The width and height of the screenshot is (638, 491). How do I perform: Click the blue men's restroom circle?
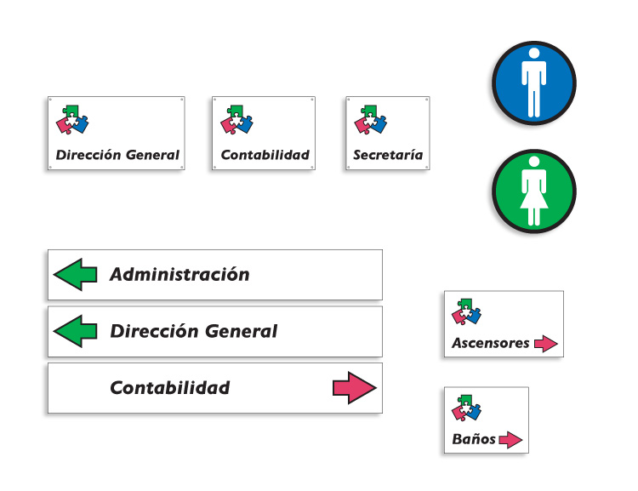pos(534,83)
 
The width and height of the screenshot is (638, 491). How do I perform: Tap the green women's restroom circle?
pos(534,191)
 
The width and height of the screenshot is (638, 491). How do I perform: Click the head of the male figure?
pos(534,54)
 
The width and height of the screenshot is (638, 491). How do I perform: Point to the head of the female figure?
pos(534,162)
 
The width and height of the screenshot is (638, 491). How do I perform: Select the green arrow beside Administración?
pos(75,274)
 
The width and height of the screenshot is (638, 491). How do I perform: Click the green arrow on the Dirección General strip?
pos(75,331)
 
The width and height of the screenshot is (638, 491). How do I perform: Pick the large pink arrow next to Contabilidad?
pos(355,387)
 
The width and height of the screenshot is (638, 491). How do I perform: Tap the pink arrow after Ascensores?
pos(545,344)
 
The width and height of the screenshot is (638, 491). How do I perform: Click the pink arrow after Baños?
pos(510,440)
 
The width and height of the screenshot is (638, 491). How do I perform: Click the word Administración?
pos(179,274)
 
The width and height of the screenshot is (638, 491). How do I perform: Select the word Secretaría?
pos(388,155)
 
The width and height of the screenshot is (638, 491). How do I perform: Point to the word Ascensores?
pos(491,343)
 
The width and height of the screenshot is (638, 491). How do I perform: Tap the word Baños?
pos(474,439)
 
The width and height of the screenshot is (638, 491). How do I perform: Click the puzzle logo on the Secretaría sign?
pos(370,120)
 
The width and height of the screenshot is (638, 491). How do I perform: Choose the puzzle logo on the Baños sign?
pos(466,408)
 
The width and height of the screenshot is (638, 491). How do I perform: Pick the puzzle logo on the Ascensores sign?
pos(466,311)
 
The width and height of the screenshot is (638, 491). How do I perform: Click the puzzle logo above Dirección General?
pos(72,120)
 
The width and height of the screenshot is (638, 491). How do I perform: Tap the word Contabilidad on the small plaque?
pos(265,155)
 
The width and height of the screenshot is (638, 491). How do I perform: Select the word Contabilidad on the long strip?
pos(170,387)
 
